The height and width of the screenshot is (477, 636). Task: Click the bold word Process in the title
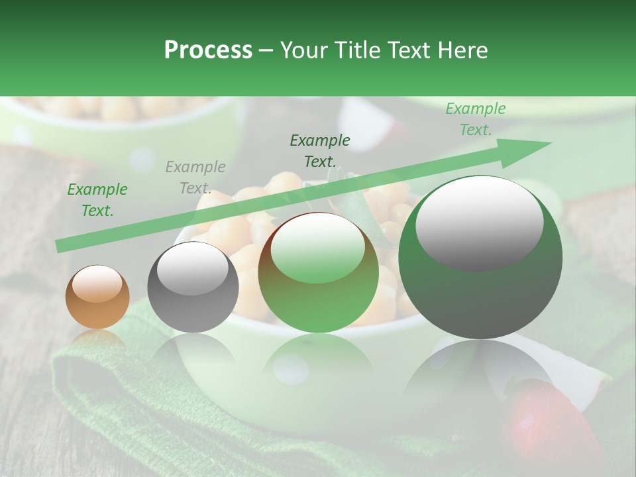[x=208, y=50]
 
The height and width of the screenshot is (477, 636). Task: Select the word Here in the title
[x=462, y=50]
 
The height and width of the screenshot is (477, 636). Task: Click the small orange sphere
[x=97, y=297]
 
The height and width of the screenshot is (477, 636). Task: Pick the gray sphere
[x=193, y=288]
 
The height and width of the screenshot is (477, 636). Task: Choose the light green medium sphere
[x=318, y=272]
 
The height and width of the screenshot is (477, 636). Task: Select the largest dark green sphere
[x=480, y=258]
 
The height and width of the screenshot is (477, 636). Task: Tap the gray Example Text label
[x=195, y=178]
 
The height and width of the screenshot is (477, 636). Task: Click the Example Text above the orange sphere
[x=97, y=200]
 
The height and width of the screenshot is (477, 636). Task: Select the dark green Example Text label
[x=320, y=150]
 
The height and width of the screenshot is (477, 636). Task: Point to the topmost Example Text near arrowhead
[x=476, y=119]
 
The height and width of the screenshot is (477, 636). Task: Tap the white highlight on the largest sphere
[x=479, y=224]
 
